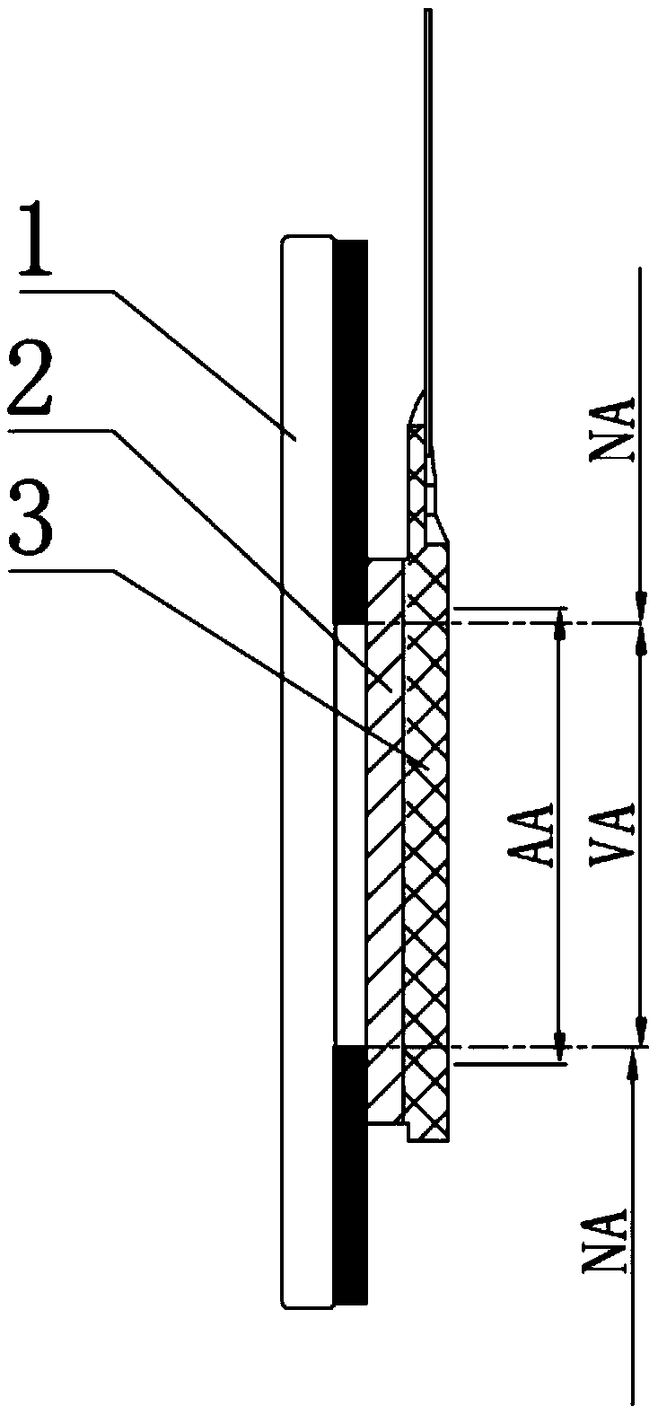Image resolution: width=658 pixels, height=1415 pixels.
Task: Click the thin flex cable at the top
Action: click(x=429, y=180)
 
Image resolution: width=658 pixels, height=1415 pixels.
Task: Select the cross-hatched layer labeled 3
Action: click(x=426, y=808)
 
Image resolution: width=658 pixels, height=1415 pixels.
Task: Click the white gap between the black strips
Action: click(x=349, y=835)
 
